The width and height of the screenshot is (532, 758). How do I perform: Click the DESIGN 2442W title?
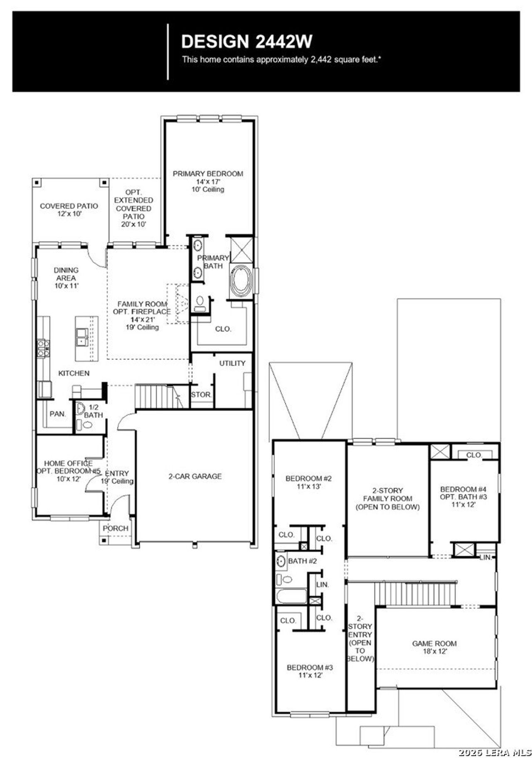click(246, 42)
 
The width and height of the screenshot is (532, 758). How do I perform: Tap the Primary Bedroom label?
click(208, 174)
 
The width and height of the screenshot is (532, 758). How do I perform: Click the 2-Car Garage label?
click(195, 476)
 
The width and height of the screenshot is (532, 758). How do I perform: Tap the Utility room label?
click(232, 363)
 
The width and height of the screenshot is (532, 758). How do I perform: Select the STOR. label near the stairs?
click(201, 394)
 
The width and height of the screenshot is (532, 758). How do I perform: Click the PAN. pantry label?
click(58, 414)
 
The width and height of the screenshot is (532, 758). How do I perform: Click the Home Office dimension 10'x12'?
click(69, 479)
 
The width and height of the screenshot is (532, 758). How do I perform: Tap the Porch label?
click(116, 528)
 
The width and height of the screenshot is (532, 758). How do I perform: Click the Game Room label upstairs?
click(434, 643)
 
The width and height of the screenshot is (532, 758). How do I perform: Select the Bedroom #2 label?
click(309, 479)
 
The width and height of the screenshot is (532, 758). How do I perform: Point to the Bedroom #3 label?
click(310, 667)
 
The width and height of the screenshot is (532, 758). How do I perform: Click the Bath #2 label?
click(302, 561)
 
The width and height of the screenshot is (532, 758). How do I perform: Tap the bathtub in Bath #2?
click(291, 596)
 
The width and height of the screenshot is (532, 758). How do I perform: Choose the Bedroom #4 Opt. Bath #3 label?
click(463, 493)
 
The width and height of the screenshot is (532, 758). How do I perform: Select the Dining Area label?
click(66, 274)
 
